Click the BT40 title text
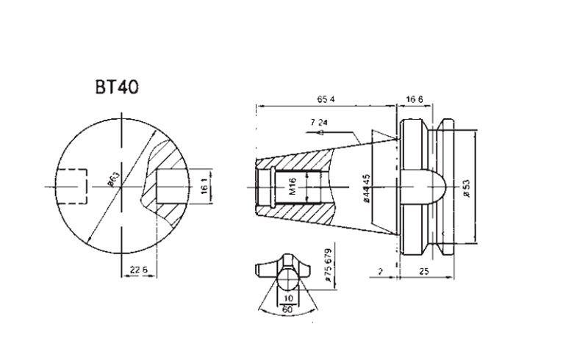pyautogui.click(x=116, y=87)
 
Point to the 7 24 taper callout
pyautogui.click(x=318, y=122)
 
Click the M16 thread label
pyautogui.click(x=292, y=186)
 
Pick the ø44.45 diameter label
pyautogui.click(x=366, y=187)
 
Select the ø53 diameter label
pyautogui.click(x=466, y=187)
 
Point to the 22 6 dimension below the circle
pyautogui.click(x=129, y=270)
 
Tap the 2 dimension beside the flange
pyautogui.click(x=381, y=271)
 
